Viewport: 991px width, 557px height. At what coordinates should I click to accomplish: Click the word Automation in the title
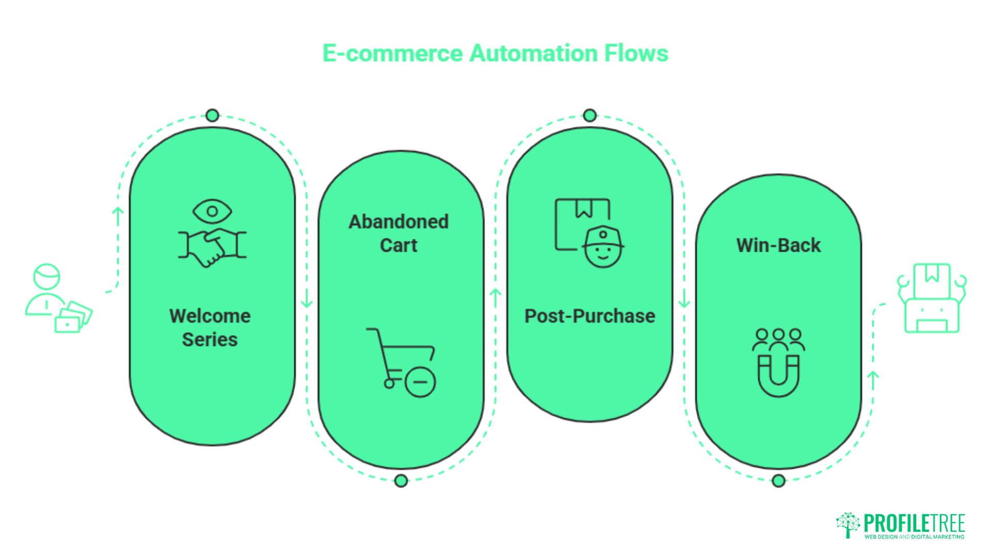point(532,53)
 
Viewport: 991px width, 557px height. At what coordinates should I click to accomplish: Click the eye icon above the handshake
point(212,211)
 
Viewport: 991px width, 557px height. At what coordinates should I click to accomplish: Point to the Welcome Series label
point(210,327)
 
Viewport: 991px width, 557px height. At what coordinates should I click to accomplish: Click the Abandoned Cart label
point(398,233)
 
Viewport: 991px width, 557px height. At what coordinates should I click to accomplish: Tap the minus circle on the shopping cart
point(420,382)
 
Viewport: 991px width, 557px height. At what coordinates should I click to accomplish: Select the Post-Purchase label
point(589,316)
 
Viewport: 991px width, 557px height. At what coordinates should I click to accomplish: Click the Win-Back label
point(778,245)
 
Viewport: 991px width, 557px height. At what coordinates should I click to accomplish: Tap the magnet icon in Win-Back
point(778,375)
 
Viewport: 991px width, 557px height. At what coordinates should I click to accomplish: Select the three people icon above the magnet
point(778,339)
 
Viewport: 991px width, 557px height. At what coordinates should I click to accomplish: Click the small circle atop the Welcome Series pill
point(212,116)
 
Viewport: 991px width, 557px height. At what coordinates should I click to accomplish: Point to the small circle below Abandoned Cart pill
point(401,481)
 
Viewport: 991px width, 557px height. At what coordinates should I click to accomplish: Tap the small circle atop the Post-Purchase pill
point(589,116)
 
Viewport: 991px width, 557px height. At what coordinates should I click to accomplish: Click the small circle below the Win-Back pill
point(778,481)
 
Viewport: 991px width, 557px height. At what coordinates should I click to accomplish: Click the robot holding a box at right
point(932,298)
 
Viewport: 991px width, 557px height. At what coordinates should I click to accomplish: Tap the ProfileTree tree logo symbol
point(848,525)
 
